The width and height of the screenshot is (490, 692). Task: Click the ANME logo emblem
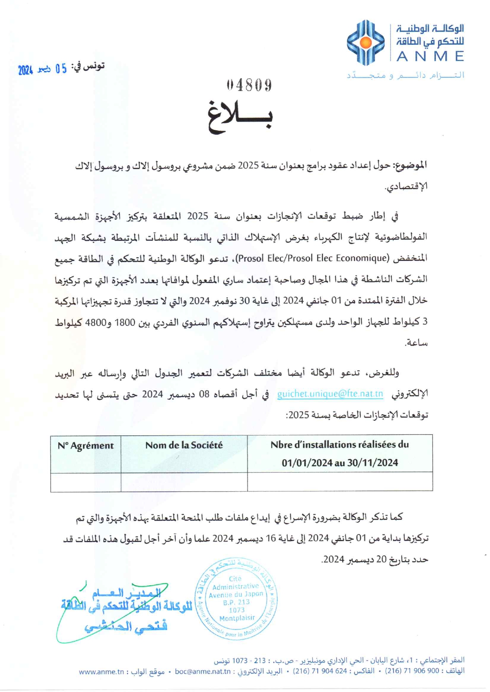(x=366, y=43)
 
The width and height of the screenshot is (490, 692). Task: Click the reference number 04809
(x=249, y=85)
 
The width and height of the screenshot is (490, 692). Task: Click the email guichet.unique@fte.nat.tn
(x=330, y=394)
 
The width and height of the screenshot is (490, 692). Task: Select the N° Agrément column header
(x=86, y=446)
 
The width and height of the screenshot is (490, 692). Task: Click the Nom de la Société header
(x=184, y=445)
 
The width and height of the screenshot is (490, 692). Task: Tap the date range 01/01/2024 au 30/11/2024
(x=339, y=463)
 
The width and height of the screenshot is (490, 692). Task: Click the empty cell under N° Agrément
(x=86, y=482)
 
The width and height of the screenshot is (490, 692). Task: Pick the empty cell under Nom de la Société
(x=184, y=482)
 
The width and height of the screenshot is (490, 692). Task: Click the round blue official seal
(x=236, y=598)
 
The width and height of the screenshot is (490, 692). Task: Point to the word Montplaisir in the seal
(x=237, y=618)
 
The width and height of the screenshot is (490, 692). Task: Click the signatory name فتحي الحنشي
(x=126, y=626)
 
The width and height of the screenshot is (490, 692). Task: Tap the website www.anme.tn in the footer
(x=102, y=672)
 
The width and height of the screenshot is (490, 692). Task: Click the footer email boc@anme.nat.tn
(x=203, y=671)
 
